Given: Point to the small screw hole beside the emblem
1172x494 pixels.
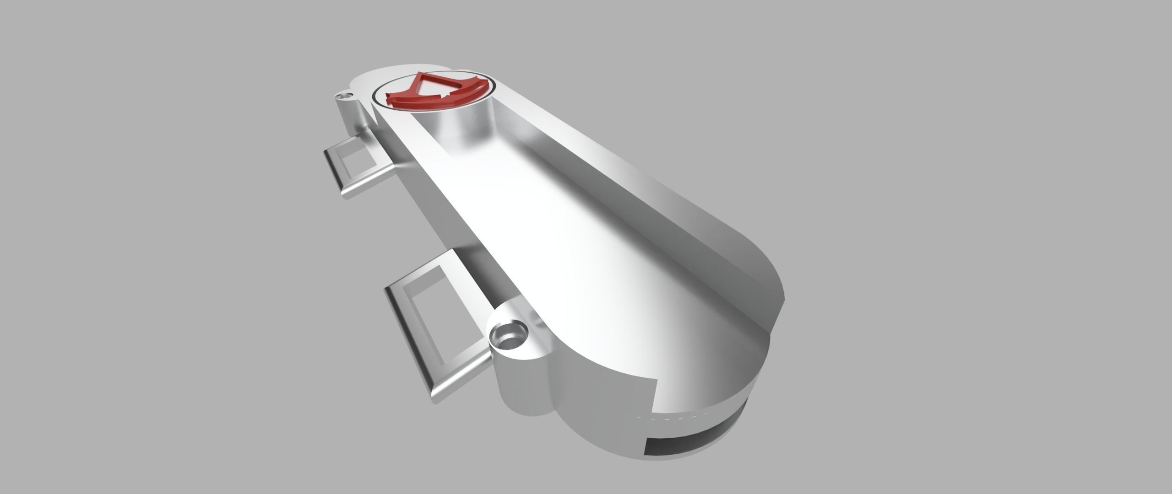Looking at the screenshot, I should click(342, 97).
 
